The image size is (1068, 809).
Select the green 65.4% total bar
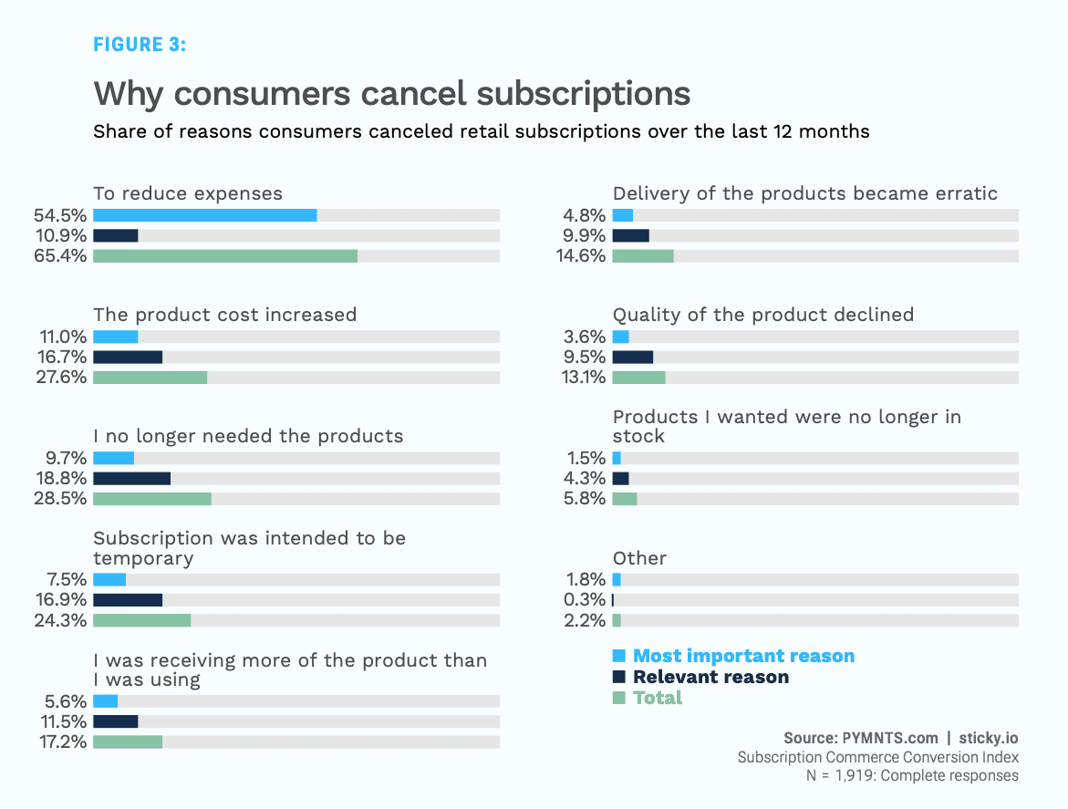tap(225, 255)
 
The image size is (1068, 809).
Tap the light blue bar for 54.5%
tap(205, 215)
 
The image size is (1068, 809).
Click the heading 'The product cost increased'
tap(224, 315)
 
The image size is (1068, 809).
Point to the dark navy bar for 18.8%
tap(131, 479)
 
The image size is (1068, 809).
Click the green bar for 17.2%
tap(128, 742)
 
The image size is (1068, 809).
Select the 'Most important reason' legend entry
tap(743, 656)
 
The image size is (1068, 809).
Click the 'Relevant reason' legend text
tap(710, 677)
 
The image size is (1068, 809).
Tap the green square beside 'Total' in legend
tap(619, 698)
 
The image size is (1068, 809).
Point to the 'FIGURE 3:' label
tap(140, 44)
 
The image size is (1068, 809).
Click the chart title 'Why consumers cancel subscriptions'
tap(391, 94)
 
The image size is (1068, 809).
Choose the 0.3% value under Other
tap(585, 600)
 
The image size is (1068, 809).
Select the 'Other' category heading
tap(639, 558)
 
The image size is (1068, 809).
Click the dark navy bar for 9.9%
tap(631, 235)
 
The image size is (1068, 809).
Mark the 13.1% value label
tap(584, 377)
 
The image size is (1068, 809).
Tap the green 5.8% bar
tap(625, 499)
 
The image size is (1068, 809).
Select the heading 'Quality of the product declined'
tap(763, 315)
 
